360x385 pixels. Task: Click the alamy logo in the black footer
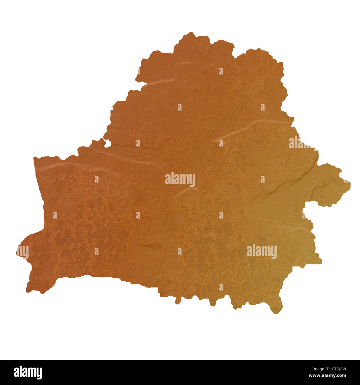(x=28, y=372)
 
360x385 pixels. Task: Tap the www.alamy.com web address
(x=331, y=376)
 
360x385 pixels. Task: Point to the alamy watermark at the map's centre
(x=180, y=179)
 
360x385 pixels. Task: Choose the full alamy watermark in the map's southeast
(x=261, y=251)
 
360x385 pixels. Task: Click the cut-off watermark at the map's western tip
(x=23, y=252)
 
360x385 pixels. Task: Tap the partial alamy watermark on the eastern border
(x=299, y=143)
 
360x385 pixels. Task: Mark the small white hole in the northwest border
(x=107, y=143)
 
